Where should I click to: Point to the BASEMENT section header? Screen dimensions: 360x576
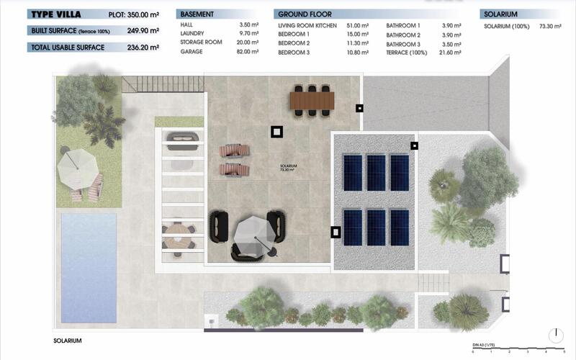[x=197, y=14]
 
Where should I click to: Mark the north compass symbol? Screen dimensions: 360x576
[x=555, y=336]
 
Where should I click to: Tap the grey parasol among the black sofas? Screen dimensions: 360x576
[x=251, y=235]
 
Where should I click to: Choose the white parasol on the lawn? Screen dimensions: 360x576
[x=78, y=166]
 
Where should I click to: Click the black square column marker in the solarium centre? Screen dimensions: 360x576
[x=277, y=131]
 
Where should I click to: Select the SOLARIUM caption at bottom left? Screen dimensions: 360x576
[x=68, y=341]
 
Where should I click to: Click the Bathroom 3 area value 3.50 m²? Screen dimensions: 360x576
[x=451, y=44]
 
